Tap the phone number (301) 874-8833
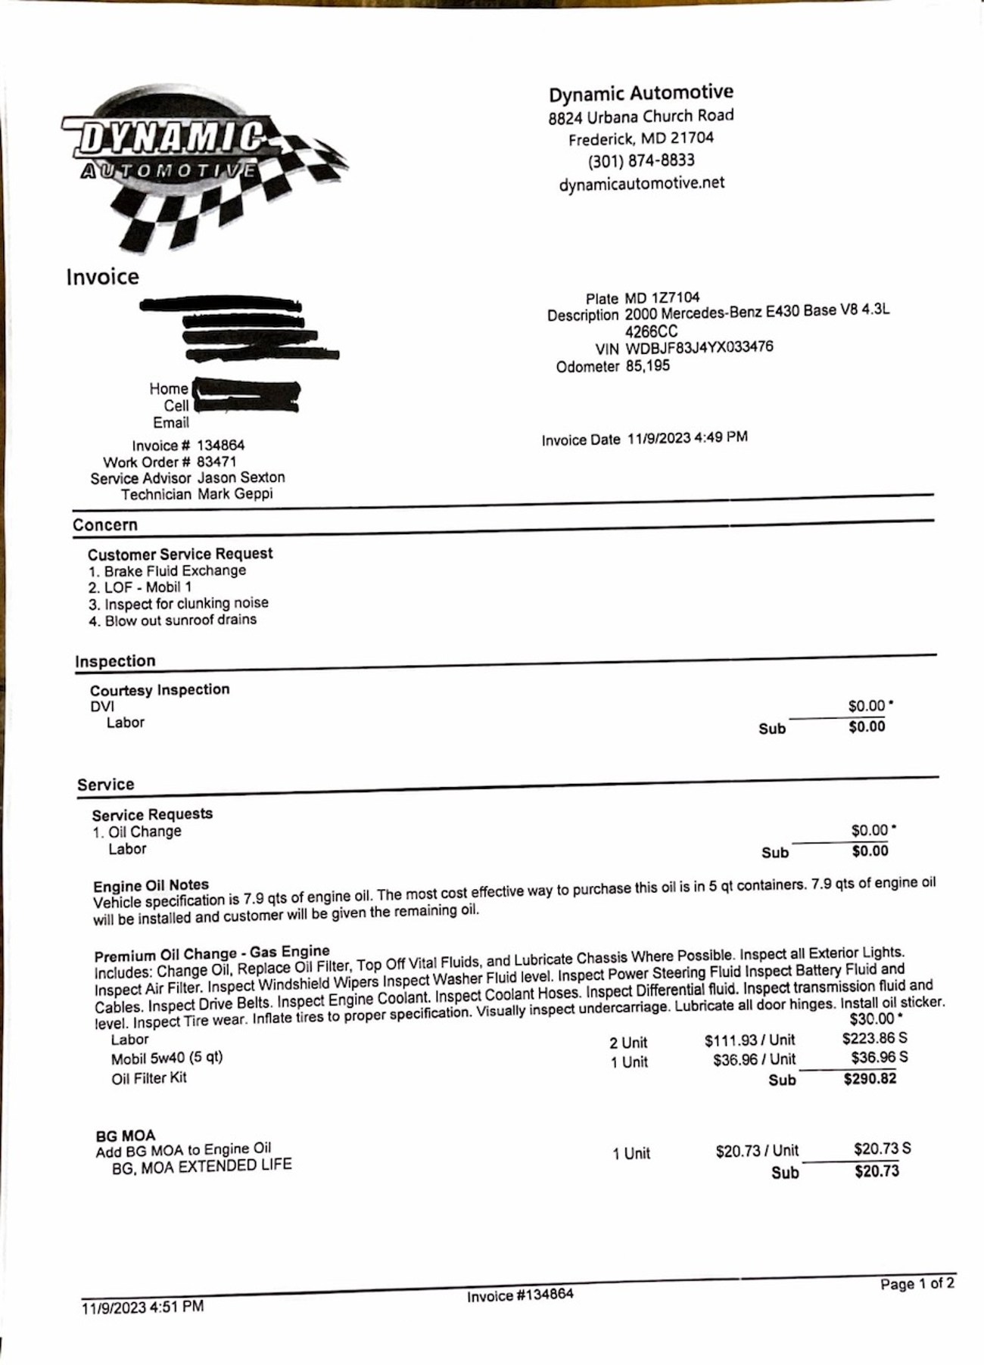pyautogui.click(x=641, y=160)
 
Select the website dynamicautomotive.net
pyautogui.click(x=641, y=184)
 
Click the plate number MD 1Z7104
pyautogui.click(x=662, y=298)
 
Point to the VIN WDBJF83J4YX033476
pyautogui.click(x=699, y=348)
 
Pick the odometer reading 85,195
pyautogui.click(x=647, y=366)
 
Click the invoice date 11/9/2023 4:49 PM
pyautogui.click(x=687, y=438)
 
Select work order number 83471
pyautogui.click(x=216, y=462)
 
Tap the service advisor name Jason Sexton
pyautogui.click(x=241, y=477)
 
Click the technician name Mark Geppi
pyautogui.click(x=235, y=494)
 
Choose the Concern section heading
pyautogui.click(x=105, y=525)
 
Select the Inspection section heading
pyautogui.click(x=115, y=661)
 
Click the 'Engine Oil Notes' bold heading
pyautogui.click(x=151, y=885)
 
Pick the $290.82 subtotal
pyautogui.click(x=870, y=1079)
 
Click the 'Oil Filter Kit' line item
pyautogui.click(x=148, y=1078)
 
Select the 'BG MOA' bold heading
pyautogui.click(x=125, y=1136)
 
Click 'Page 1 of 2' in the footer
pyautogui.click(x=917, y=1284)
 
